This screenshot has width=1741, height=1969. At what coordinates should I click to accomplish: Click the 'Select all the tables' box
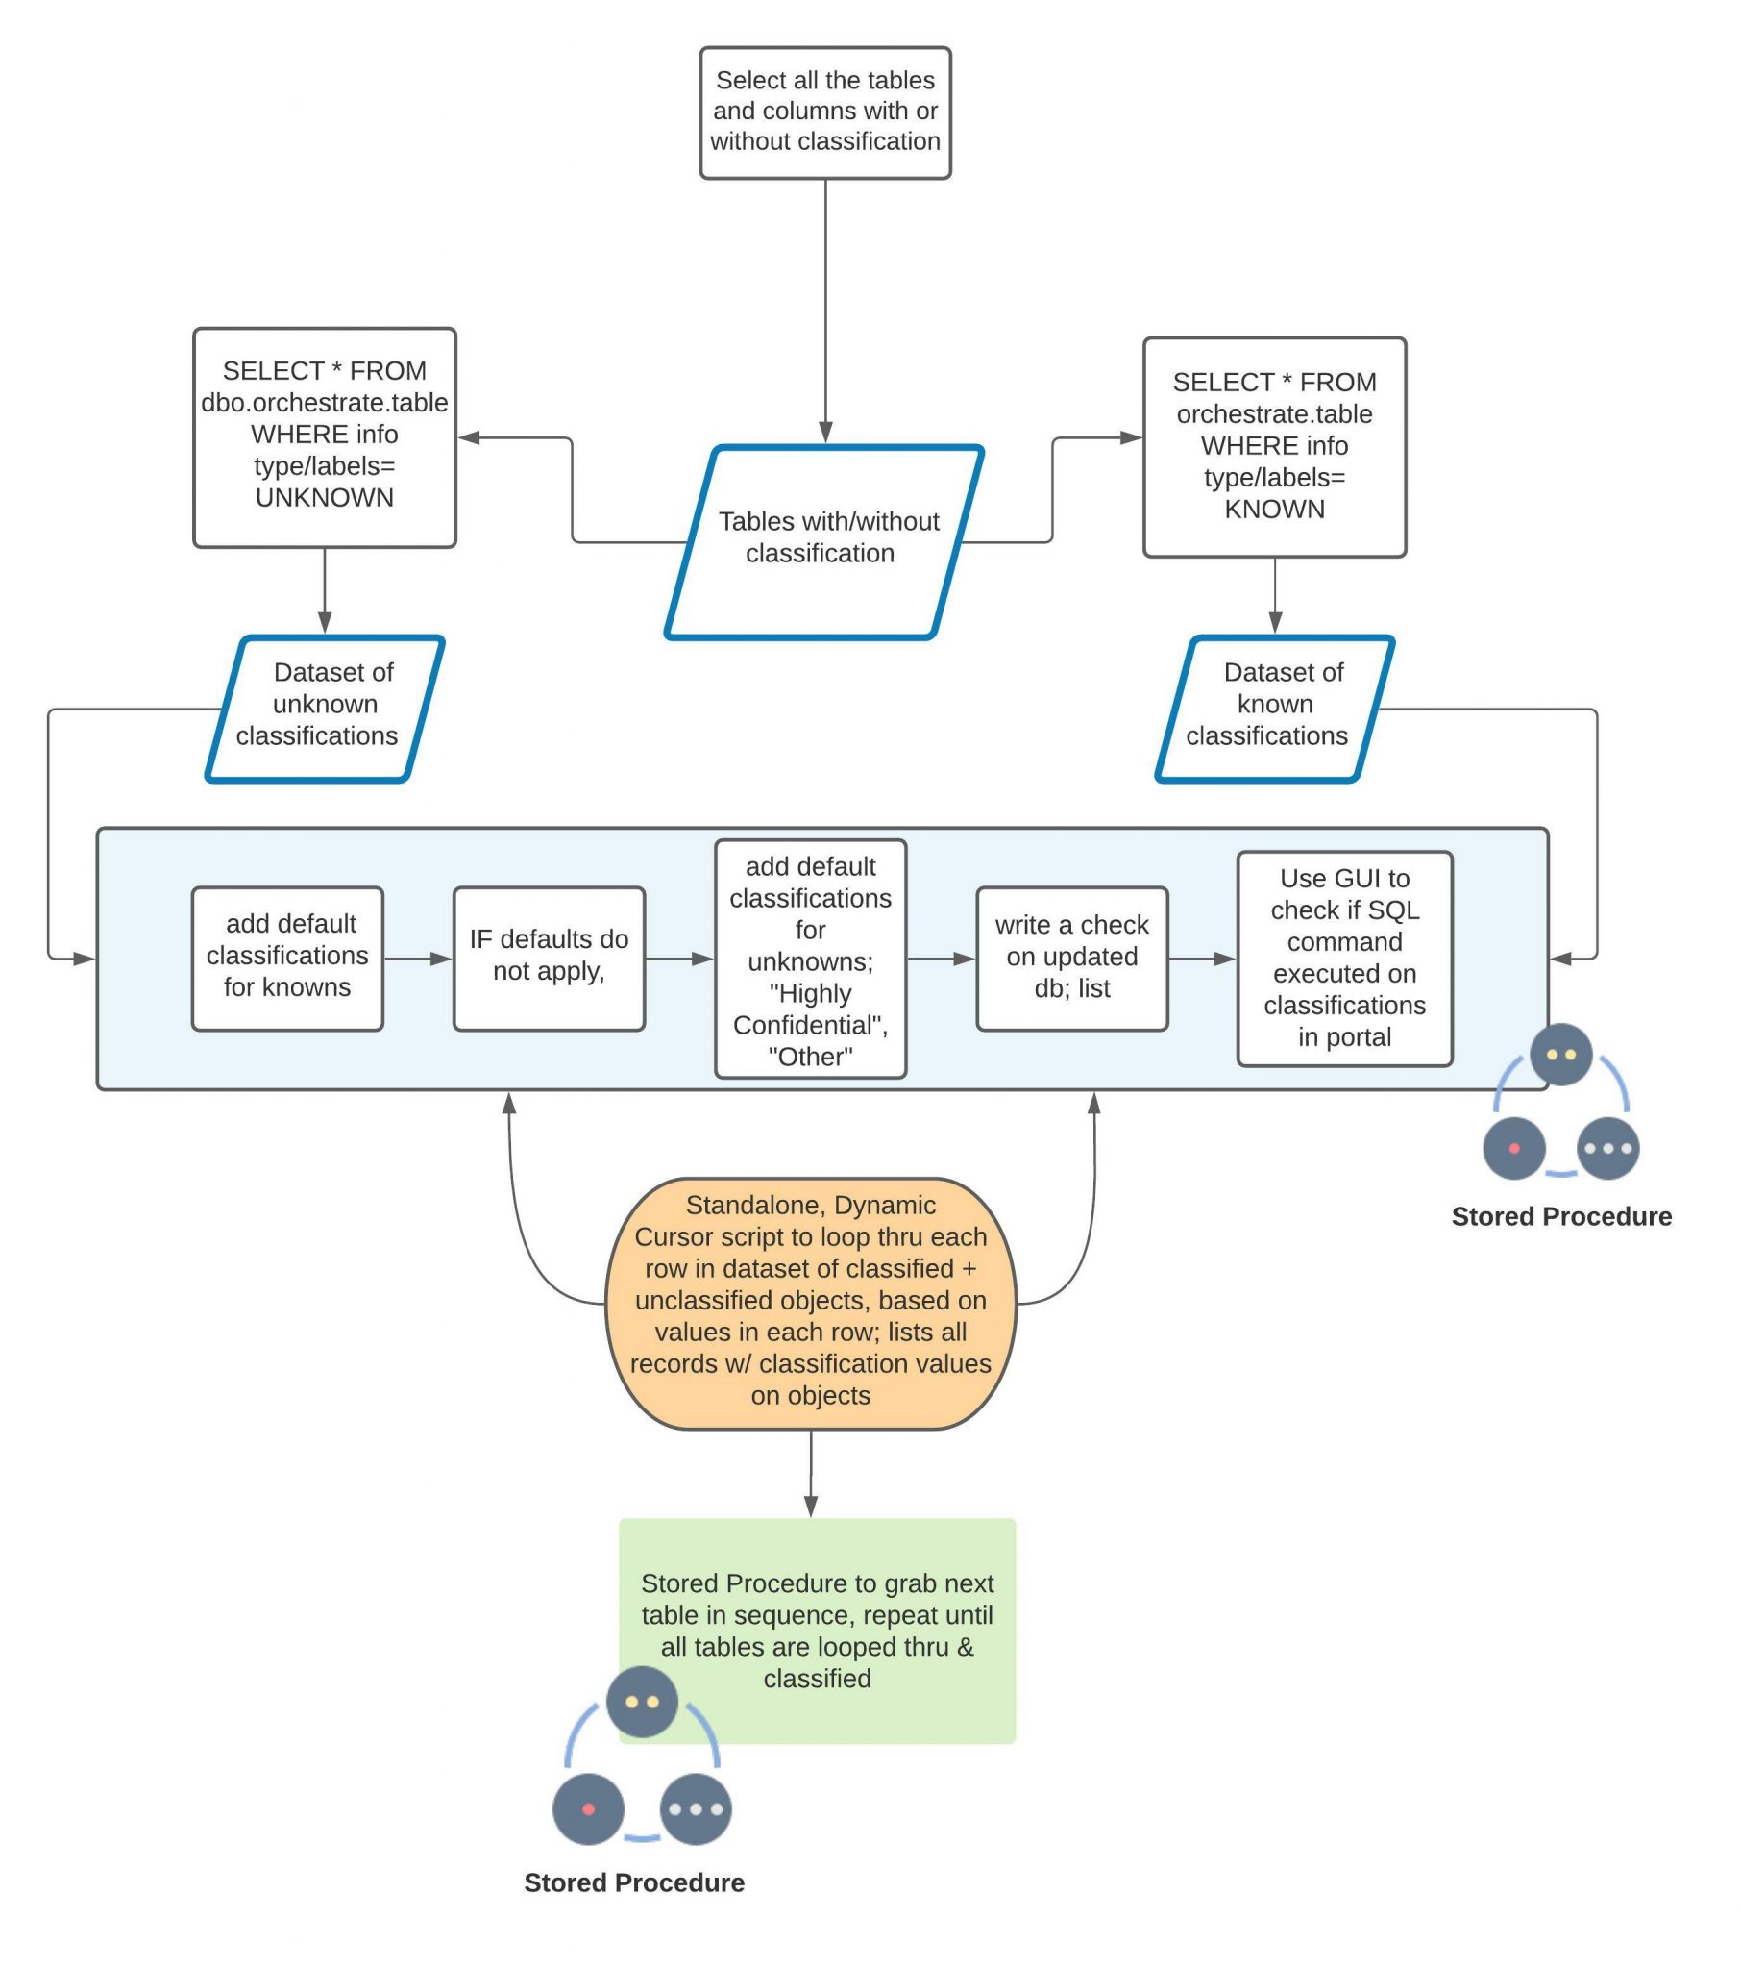tap(824, 112)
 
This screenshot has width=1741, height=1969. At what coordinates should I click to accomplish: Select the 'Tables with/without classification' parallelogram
tap(824, 541)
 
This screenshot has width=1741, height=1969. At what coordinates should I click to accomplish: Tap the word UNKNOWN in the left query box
tap(324, 497)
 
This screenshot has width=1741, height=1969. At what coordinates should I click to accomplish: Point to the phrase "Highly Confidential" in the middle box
tap(810, 1009)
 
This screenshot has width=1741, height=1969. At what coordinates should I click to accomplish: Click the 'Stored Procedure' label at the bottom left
tap(633, 1882)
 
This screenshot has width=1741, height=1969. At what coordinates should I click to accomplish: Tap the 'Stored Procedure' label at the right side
tap(1560, 1215)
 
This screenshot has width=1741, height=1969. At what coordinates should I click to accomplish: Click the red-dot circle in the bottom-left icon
tap(587, 1808)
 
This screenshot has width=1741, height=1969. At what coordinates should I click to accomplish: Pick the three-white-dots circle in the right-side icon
tap(1606, 1147)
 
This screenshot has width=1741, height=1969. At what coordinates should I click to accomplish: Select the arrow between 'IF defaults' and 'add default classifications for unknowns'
tap(678, 958)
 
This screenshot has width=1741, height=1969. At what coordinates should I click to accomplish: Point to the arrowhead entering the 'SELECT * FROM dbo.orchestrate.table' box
tap(468, 437)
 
